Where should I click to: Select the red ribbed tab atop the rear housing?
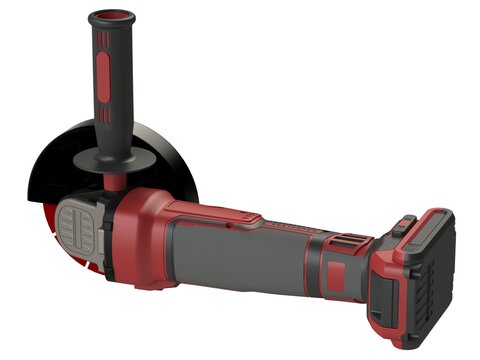click(346, 241)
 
